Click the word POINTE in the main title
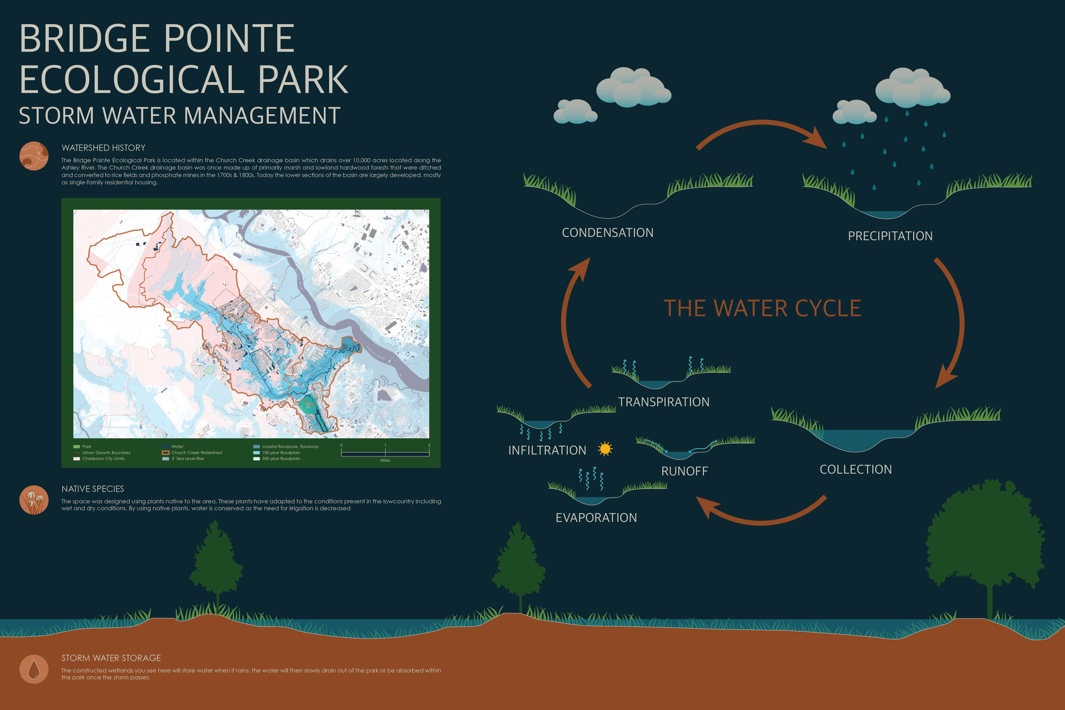[x=229, y=39]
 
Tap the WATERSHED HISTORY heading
[x=103, y=148]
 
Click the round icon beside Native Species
[x=34, y=500]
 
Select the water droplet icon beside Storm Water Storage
[x=34, y=669]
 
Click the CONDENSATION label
[x=607, y=233]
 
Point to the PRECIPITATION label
[x=890, y=236]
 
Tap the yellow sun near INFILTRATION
[x=605, y=449]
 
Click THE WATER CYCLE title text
[x=762, y=308]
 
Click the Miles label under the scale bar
[x=385, y=460]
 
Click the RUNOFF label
[x=684, y=471]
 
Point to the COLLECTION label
[x=855, y=469]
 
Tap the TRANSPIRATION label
[x=663, y=402]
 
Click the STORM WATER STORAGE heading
[x=111, y=658]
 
